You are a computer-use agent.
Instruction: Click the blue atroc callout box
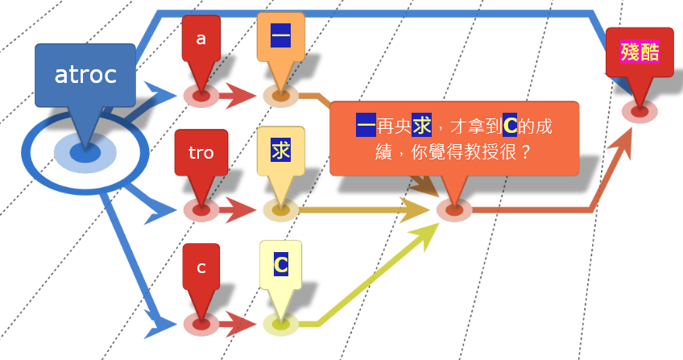(85, 76)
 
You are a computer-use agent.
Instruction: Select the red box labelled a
(201, 38)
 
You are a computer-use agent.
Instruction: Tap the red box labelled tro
(201, 152)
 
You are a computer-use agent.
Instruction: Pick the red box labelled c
(201, 267)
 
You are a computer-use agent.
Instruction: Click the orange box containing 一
(280, 37)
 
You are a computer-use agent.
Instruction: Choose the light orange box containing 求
(280, 151)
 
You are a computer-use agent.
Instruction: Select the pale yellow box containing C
(280, 264)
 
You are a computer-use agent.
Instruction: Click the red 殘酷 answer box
(640, 53)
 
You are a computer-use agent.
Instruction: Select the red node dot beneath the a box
(201, 96)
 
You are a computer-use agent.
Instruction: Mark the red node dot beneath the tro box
(201, 210)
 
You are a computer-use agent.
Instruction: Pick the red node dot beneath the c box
(201, 325)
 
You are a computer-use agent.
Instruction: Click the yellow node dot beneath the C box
(280, 325)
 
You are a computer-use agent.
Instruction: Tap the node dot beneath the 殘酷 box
(640, 111)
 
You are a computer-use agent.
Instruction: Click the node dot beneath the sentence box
(454, 210)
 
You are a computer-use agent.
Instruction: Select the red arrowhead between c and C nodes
(242, 325)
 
